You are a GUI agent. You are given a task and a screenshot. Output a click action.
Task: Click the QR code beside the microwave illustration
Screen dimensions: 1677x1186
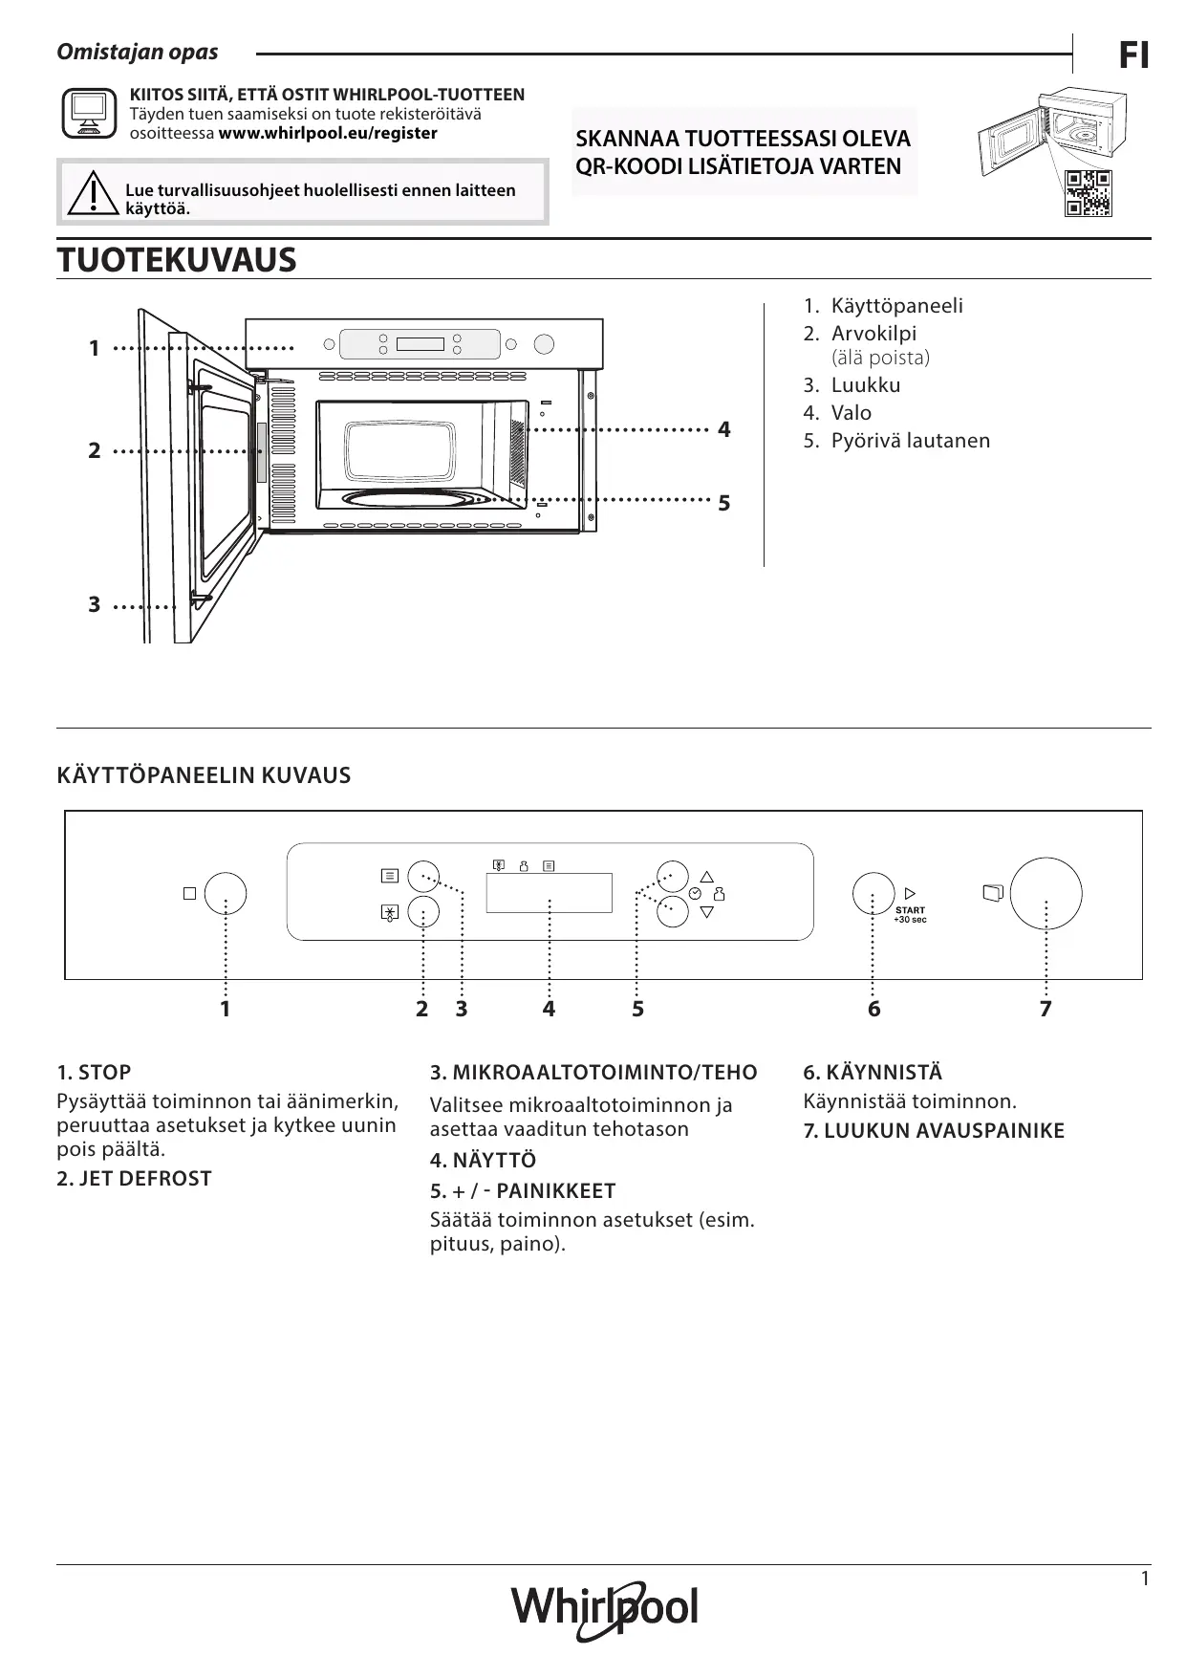(1089, 193)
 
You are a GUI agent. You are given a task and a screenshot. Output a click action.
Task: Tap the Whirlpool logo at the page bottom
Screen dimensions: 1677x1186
(605, 1609)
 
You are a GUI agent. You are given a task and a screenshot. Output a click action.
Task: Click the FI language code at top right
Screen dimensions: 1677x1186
(1133, 57)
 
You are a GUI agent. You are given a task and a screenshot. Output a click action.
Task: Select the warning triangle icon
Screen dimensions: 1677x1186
(93, 192)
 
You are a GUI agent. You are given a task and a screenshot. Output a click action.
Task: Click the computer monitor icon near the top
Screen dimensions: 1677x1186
(89, 114)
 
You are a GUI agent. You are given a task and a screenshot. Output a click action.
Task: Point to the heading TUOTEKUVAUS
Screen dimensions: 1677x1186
(177, 260)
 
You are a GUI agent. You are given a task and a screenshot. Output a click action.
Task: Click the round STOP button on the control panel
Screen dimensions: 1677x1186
(226, 893)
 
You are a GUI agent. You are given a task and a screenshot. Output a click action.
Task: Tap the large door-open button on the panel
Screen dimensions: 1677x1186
(1046, 893)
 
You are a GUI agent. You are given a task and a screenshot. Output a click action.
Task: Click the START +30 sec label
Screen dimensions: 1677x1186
(909, 915)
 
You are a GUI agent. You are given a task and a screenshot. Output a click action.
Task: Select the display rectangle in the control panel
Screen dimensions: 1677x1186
(549, 892)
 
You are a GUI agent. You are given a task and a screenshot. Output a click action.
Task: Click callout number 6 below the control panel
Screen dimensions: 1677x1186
(873, 1009)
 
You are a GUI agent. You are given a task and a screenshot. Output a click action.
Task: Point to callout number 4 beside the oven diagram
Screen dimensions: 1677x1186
(723, 430)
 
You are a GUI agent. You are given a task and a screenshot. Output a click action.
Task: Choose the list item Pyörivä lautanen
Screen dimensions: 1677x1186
(910, 441)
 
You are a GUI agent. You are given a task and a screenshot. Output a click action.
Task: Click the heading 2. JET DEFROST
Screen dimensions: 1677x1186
(134, 1179)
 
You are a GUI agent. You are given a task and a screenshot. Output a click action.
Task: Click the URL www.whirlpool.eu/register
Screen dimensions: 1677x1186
(328, 134)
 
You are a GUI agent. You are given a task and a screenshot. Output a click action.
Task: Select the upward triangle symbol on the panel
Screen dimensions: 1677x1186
(706, 876)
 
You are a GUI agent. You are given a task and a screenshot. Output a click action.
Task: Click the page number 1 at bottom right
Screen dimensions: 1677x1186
(1145, 1579)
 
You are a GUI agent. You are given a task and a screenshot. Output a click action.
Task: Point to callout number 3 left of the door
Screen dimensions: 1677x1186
(94, 604)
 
